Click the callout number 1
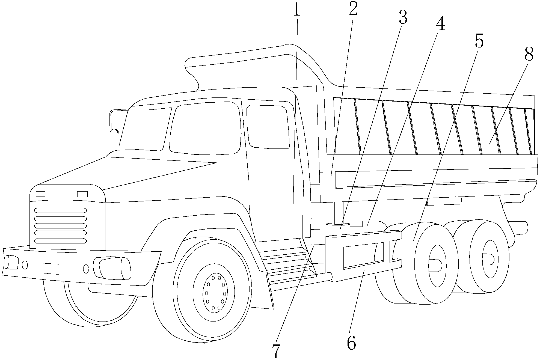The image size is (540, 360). (297, 10)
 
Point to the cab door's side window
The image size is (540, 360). (268, 127)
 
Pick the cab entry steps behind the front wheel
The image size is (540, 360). (287, 263)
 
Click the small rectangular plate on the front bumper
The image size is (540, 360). (51, 269)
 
